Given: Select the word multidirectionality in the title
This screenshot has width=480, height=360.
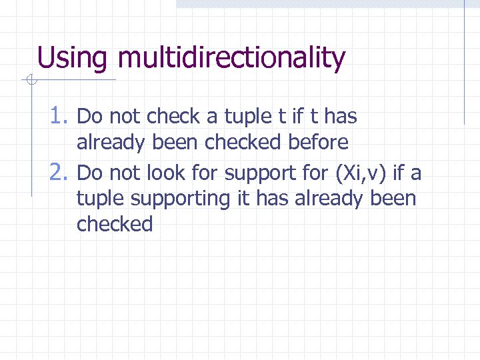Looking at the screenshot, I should (x=231, y=58).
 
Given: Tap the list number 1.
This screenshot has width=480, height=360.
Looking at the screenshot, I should (x=60, y=117).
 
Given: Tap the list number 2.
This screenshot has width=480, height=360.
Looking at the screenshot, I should (x=60, y=173).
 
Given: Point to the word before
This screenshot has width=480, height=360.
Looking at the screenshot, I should (x=318, y=142).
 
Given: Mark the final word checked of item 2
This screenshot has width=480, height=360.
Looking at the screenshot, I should (x=115, y=224).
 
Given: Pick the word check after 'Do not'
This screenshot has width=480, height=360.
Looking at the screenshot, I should (x=173, y=117).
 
